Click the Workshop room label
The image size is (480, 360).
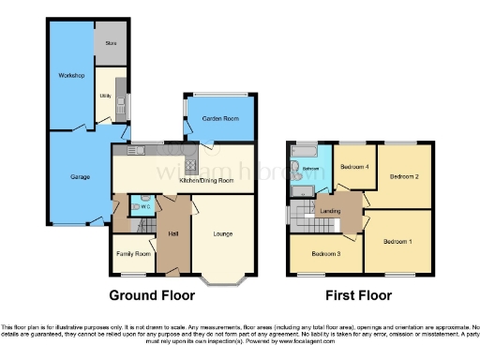point(72,74)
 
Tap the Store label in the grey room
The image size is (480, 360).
point(111,44)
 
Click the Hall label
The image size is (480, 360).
point(173,232)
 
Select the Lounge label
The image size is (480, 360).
point(222,232)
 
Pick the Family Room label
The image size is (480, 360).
point(132,254)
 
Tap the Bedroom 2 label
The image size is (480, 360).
point(404,175)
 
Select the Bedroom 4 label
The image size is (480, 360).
point(354,167)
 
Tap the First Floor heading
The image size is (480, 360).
point(357,294)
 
